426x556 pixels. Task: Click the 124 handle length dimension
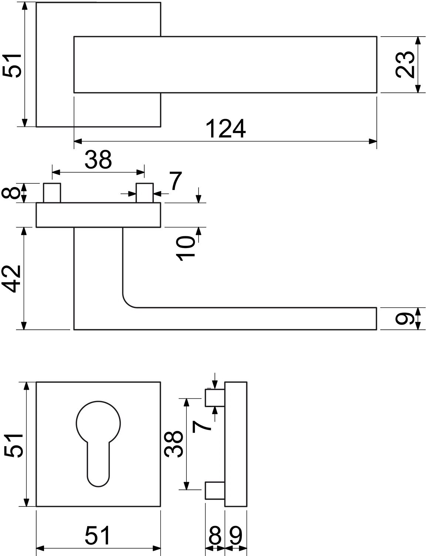[x=226, y=129]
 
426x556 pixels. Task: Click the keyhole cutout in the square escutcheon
[x=98, y=443]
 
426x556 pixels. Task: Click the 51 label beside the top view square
[x=11, y=65]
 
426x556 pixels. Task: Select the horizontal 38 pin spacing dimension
[x=98, y=160]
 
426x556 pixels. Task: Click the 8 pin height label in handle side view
[x=11, y=193]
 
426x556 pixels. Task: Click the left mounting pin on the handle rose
[x=52, y=193]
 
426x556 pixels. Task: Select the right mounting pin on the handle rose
[x=145, y=193]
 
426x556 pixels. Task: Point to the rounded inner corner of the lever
[x=127, y=303]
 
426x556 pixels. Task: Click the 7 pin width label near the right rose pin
[x=176, y=181]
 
